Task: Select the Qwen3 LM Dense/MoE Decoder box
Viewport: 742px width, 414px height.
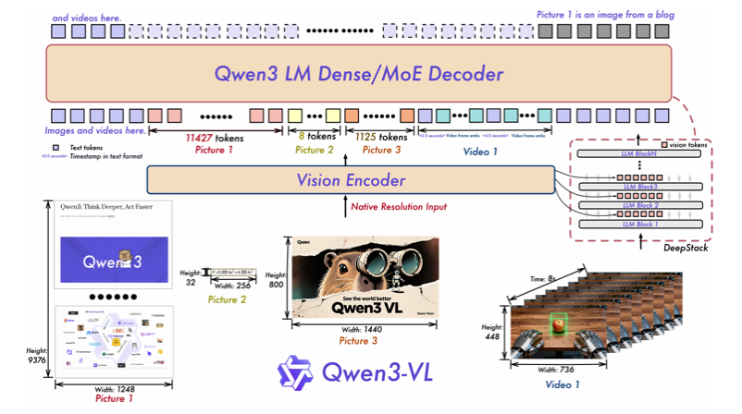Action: pos(359,74)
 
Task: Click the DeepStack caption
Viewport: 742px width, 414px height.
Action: pos(686,249)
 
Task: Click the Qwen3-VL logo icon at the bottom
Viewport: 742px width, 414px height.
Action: pos(296,373)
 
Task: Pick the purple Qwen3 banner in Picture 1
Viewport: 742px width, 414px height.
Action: pos(114,260)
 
